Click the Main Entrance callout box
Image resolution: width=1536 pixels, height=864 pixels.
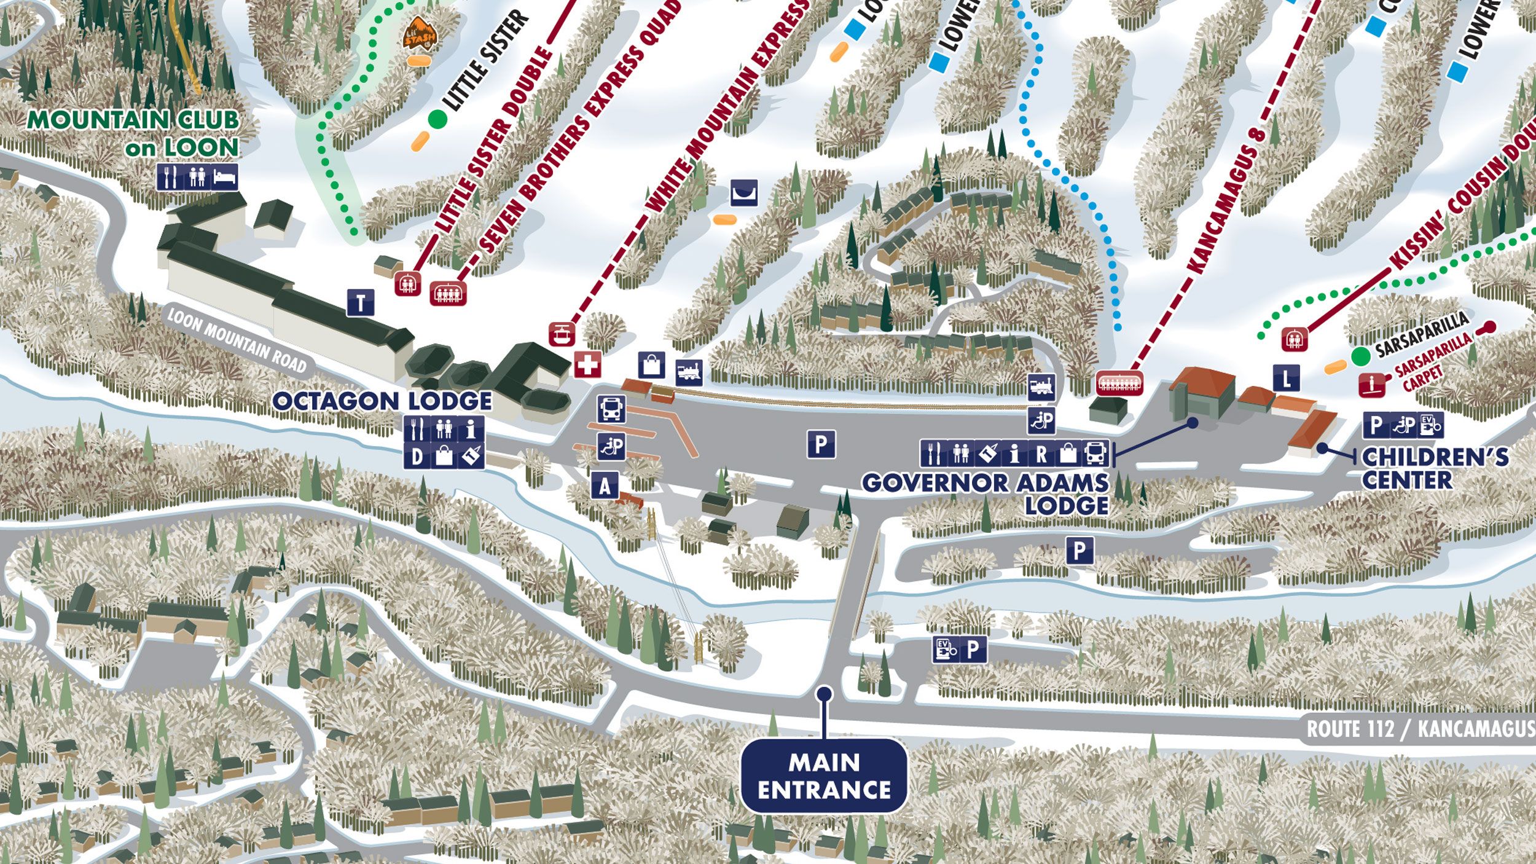coord(824,776)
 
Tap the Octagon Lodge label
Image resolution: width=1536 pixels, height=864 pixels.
coord(382,401)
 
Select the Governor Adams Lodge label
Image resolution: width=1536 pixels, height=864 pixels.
coord(985,493)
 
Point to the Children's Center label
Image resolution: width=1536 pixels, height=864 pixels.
coord(1435,468)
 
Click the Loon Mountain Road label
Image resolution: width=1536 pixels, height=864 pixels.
coord(237,341)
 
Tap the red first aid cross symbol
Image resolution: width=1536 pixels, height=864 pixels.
coord(588,365)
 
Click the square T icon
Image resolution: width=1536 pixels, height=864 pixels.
coord(361,303)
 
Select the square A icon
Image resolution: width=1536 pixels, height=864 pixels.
coord(605,486)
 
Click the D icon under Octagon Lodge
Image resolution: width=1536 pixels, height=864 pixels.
coord(417,457)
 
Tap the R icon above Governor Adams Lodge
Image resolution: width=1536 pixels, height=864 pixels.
coord(1041,454)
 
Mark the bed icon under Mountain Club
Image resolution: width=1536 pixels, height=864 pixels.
coord(225,178)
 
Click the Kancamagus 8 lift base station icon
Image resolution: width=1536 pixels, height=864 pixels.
coord(1119,383)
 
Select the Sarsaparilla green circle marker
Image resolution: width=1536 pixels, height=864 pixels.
coord(1360,355)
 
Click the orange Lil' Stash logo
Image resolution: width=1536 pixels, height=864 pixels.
coord(420,34)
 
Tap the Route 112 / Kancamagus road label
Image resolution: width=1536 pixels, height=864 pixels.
coord(1419,729)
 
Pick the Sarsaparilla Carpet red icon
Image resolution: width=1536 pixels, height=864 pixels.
coord(1372,385)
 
